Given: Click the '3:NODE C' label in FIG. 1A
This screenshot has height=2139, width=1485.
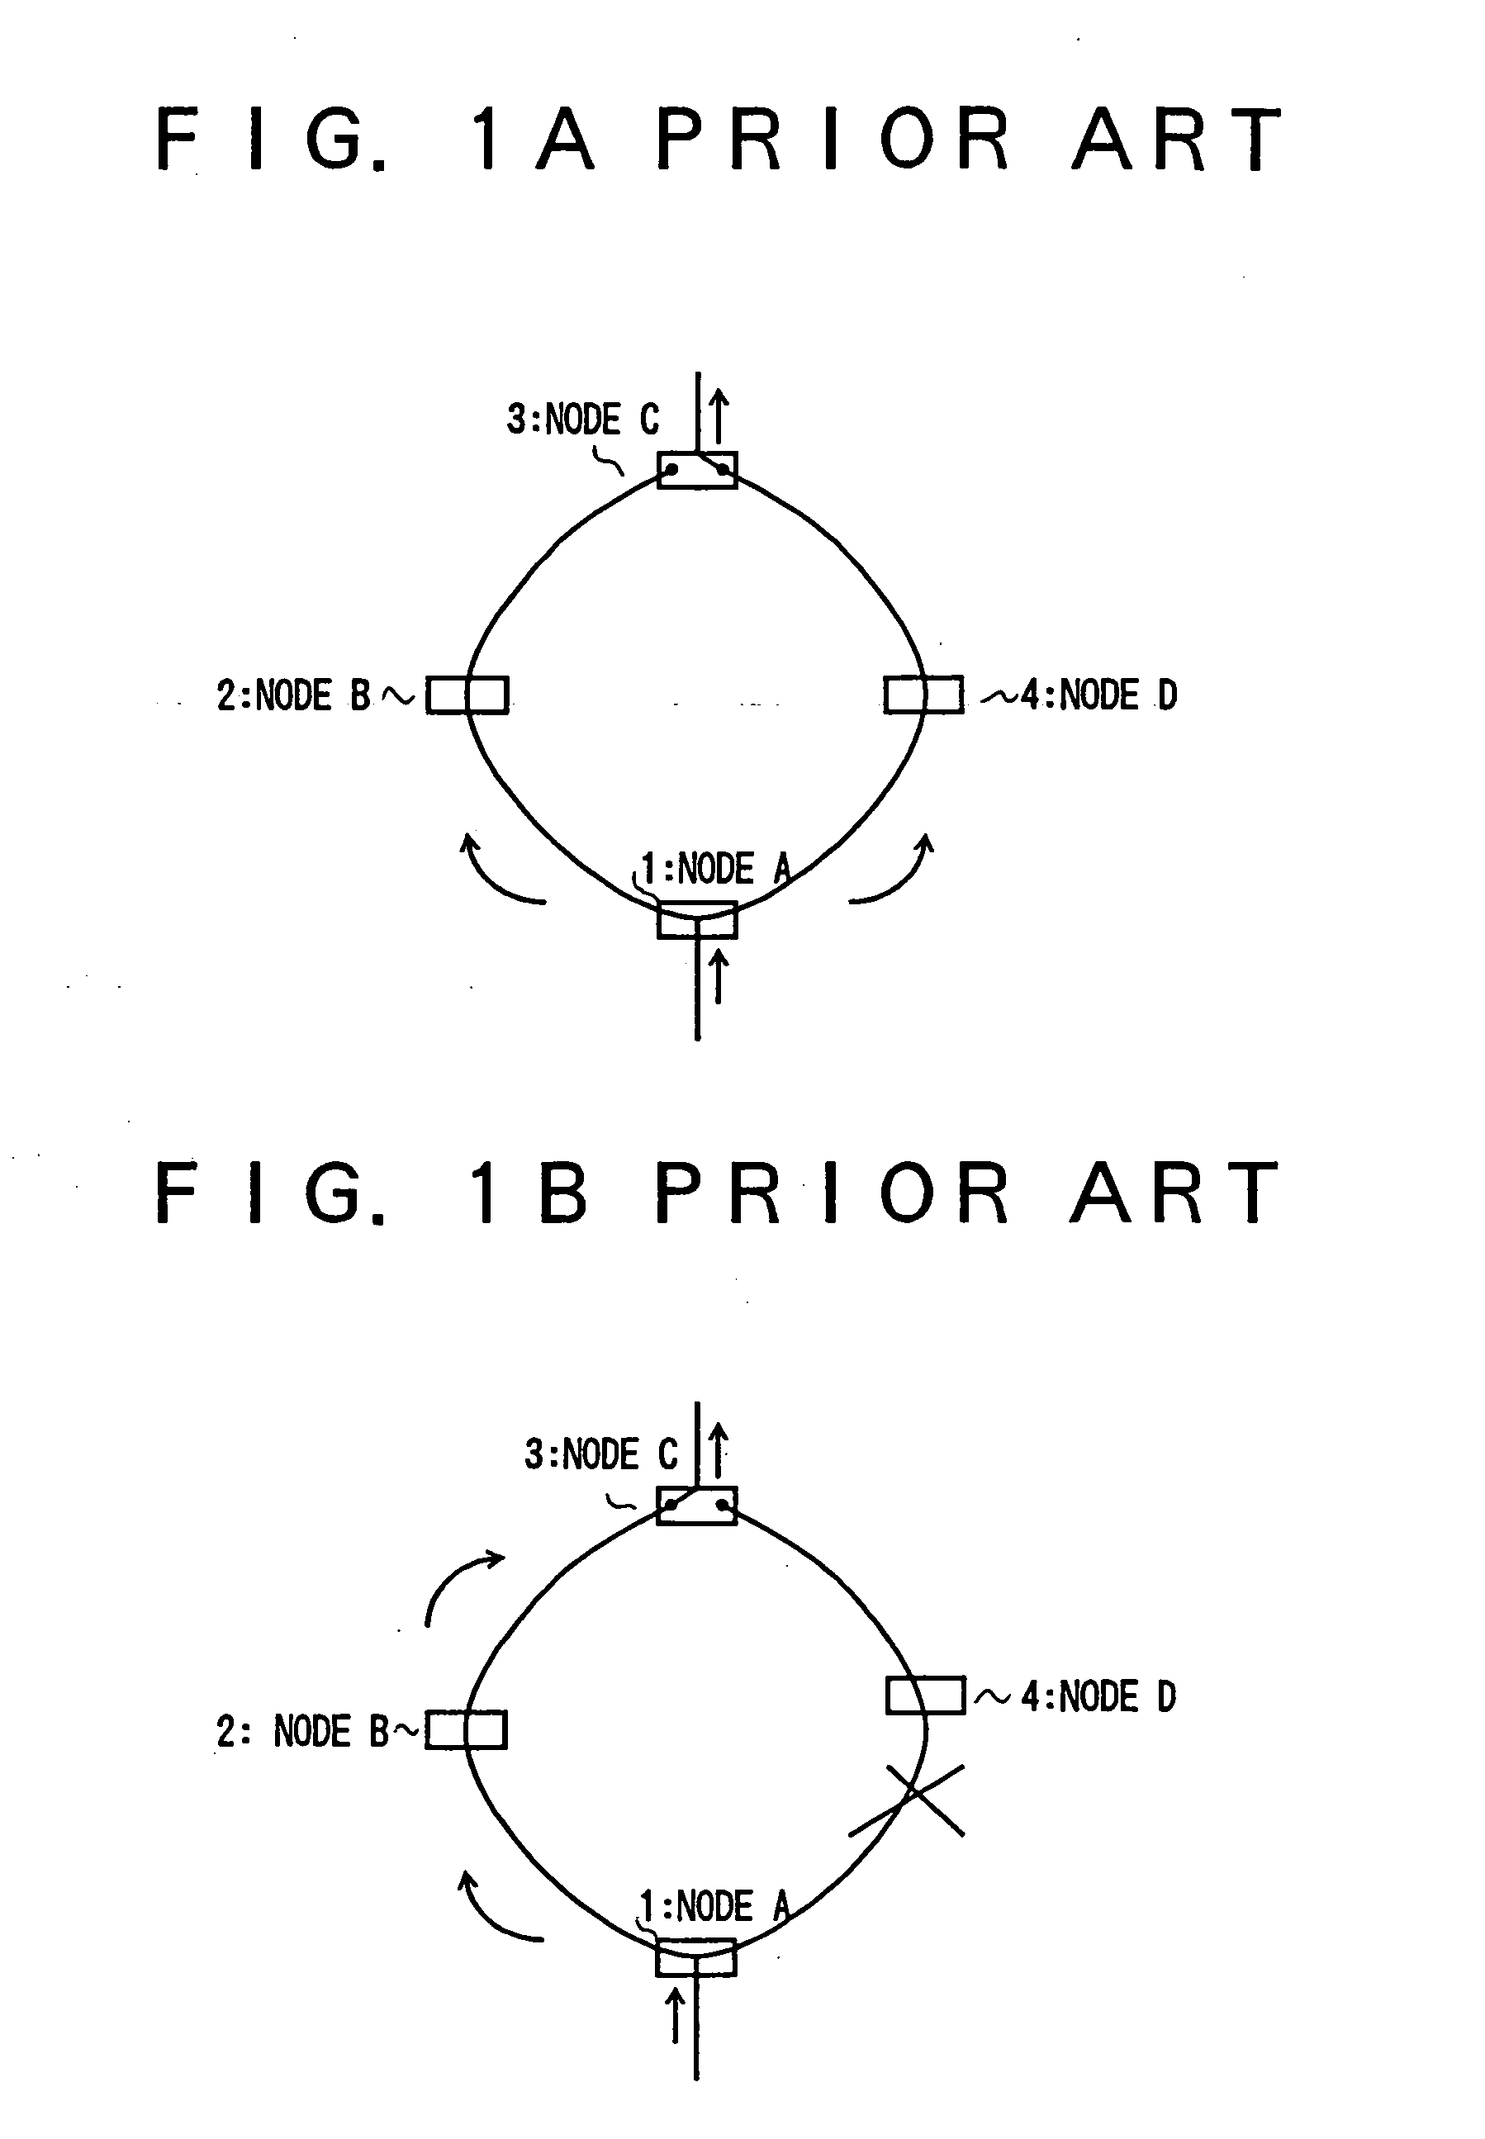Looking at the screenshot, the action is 583,420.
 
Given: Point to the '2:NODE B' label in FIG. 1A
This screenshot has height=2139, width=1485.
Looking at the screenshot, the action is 294,695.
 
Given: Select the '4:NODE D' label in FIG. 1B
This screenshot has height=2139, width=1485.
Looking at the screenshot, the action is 1098,1696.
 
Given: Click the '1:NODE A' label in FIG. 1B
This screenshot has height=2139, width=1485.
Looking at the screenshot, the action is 714,1906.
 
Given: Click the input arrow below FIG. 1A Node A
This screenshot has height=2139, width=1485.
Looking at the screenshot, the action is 718,975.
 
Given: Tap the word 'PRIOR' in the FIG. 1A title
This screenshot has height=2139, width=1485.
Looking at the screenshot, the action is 833,139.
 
